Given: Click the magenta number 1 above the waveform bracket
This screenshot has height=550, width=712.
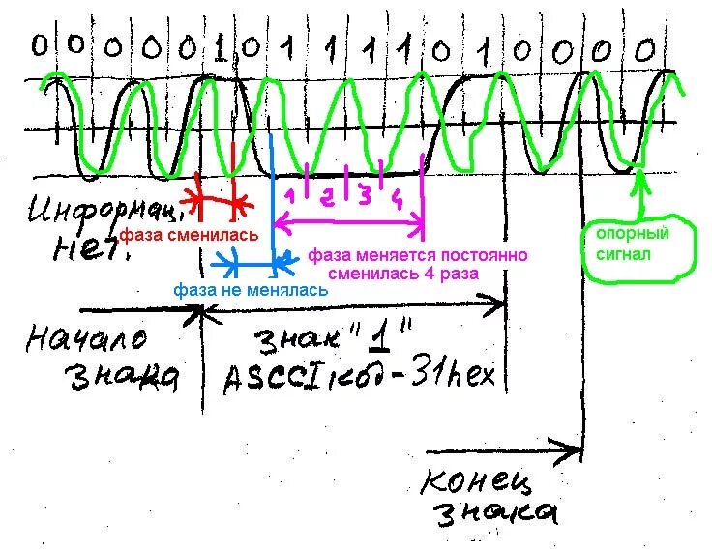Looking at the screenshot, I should [x=287, y=196].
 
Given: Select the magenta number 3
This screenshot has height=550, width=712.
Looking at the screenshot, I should [x=364, y=196].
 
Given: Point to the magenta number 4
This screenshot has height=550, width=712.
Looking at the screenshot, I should [x=398, y=200].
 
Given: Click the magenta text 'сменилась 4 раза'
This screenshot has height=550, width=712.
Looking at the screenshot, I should [x=402, y=274].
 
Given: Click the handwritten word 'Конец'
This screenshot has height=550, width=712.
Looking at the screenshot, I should [x=471, y=480].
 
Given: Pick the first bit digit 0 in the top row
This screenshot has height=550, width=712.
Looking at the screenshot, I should [x=40, y=44].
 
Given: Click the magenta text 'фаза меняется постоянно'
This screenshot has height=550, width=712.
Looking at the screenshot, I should [x=418, y=256].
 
